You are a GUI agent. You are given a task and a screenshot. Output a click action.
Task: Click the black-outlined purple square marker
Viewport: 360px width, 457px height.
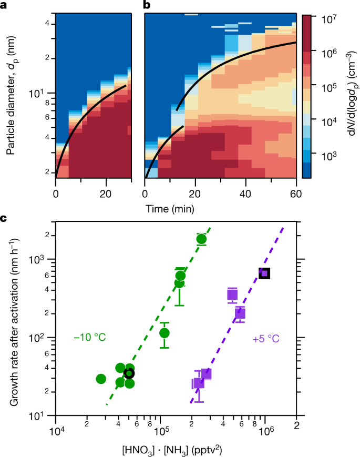264,273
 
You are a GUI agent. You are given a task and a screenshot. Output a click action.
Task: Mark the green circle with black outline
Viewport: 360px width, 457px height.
129,373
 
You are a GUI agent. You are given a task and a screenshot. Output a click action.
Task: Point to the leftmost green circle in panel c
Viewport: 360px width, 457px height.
101,379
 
